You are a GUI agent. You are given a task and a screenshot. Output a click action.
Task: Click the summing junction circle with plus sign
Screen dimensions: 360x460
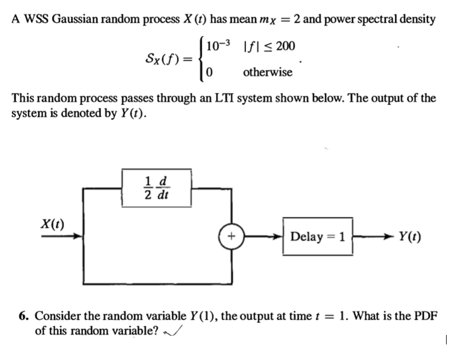click(229, 236)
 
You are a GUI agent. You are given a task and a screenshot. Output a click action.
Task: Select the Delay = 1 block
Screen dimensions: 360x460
click(318, 236)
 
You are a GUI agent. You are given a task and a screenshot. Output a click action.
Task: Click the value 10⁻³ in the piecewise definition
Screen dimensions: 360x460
click(217, 46)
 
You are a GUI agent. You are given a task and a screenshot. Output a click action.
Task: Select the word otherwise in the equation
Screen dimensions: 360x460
click(267, 72)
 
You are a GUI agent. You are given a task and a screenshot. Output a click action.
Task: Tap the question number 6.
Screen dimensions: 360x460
click(23, 317)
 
